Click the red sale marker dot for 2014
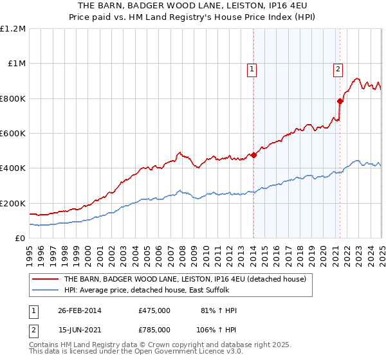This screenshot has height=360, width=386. point(253,155)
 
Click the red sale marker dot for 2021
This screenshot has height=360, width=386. point(339,101)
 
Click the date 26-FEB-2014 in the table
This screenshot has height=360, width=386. point(80,310)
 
